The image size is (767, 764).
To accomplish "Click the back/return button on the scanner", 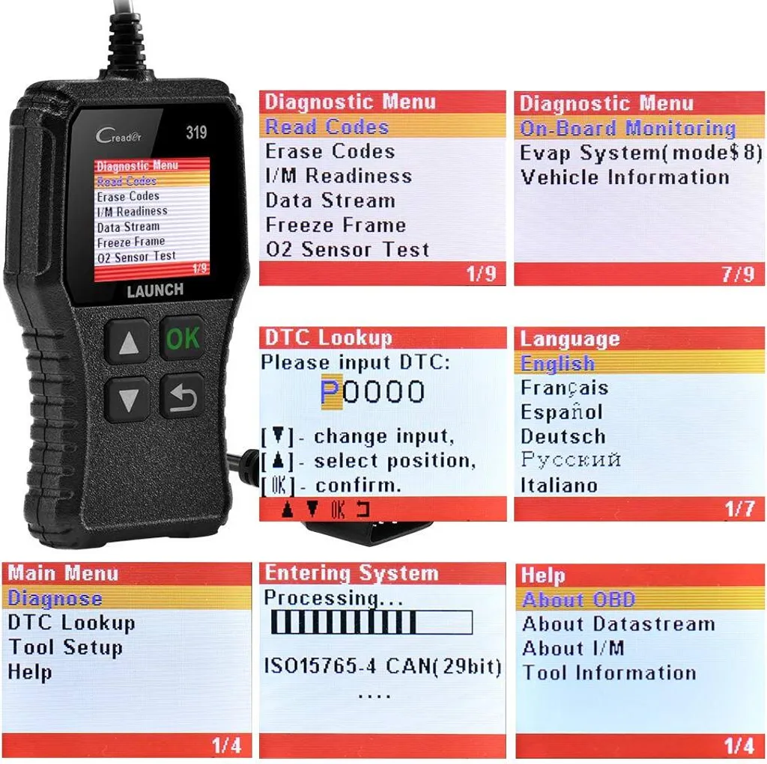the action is (x=182, y=397).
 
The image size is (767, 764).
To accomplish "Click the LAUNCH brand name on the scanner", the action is (x=155, y=290).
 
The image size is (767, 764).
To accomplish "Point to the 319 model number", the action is (x=196, y=132).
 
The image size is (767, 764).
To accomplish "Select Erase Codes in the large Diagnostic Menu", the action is (x=330, y=152).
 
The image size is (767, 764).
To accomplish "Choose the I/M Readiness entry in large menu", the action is (x=339, y=176).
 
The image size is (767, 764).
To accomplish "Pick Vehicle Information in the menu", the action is (x=625, y=177).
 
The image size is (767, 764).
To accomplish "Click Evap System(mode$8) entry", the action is (x=641, y=153).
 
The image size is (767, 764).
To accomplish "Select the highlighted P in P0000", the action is (x=331, y=392).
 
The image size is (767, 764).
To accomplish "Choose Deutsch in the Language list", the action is (x=563, y=436).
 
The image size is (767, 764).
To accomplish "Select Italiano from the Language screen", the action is (x=559, y=485).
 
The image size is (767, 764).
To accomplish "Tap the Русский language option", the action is (x=571, y=460).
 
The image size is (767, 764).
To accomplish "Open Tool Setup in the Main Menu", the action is (x=66, y=648).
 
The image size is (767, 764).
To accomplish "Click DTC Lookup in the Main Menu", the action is (x=71, y=623).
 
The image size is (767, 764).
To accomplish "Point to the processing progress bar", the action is (x=372, y=623).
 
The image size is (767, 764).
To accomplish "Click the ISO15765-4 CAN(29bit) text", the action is (x=383, y=666).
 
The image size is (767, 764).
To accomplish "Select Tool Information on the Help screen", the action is (x=610, y=673).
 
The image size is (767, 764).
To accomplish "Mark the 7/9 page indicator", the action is (x=738, y=274).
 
